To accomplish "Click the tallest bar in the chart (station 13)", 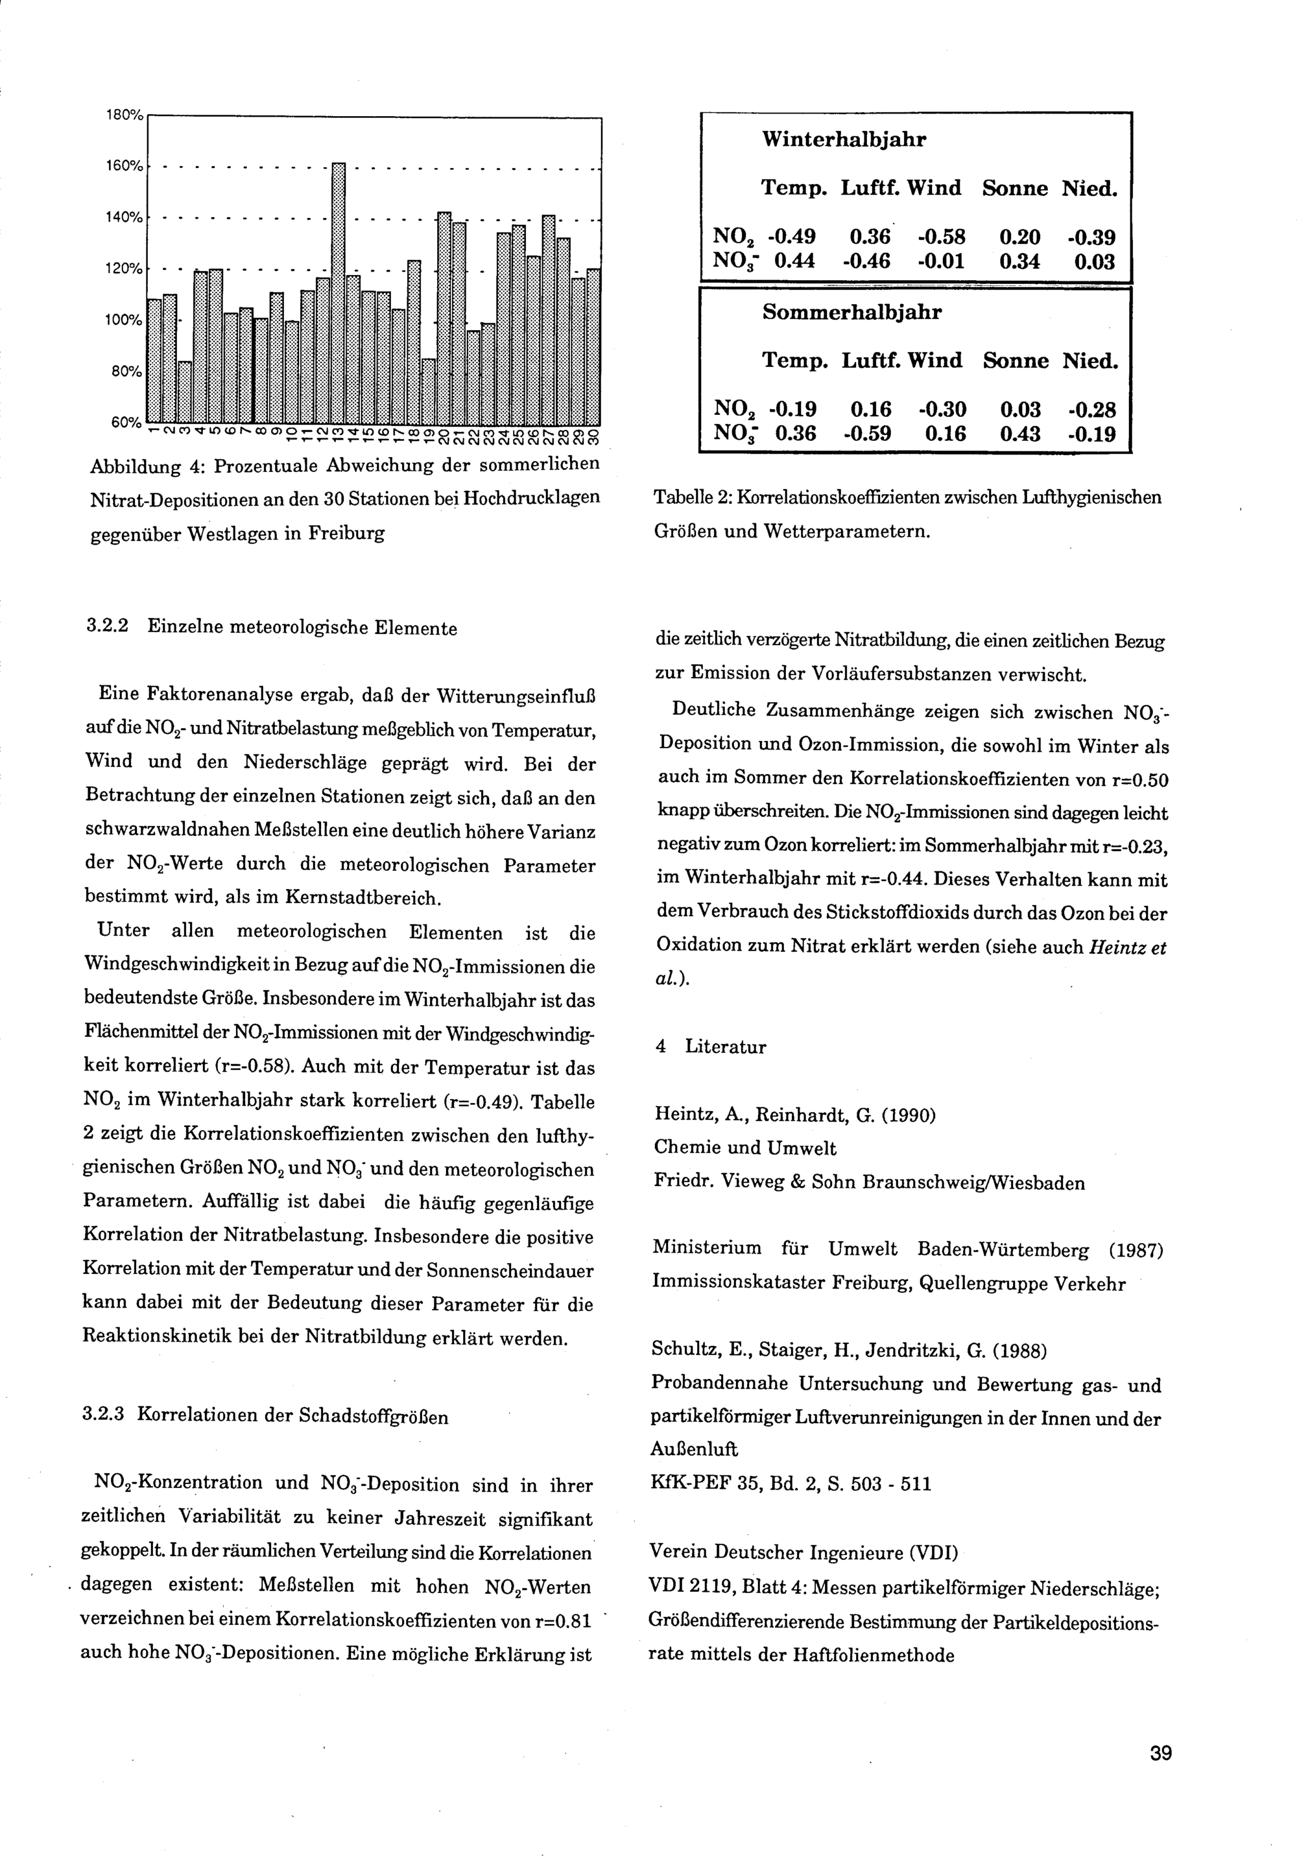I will click(x=339, y=292).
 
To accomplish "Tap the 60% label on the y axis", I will click(x=126, y=423).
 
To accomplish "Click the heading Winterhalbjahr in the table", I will click(x=844, y=140).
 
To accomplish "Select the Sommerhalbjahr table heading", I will click(x=851, y=312).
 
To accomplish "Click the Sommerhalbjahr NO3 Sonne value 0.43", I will click(x=1020, y=434).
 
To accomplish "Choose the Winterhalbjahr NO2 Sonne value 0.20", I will click(x=1020, y=237).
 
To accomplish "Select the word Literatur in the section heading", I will click(x=726, y=1046).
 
